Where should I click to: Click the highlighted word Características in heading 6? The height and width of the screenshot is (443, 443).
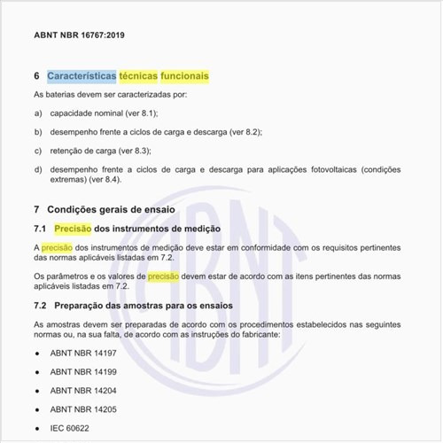click(86, 77)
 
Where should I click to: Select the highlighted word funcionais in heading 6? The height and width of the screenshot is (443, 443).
click(184, 77)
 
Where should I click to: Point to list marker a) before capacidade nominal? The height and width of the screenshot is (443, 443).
click(38, 114)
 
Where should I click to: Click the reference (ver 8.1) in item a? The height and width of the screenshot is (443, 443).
click(139, 114)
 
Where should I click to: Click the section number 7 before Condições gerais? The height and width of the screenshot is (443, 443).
click(36, 210)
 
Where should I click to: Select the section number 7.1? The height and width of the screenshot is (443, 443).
click(40, 229)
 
